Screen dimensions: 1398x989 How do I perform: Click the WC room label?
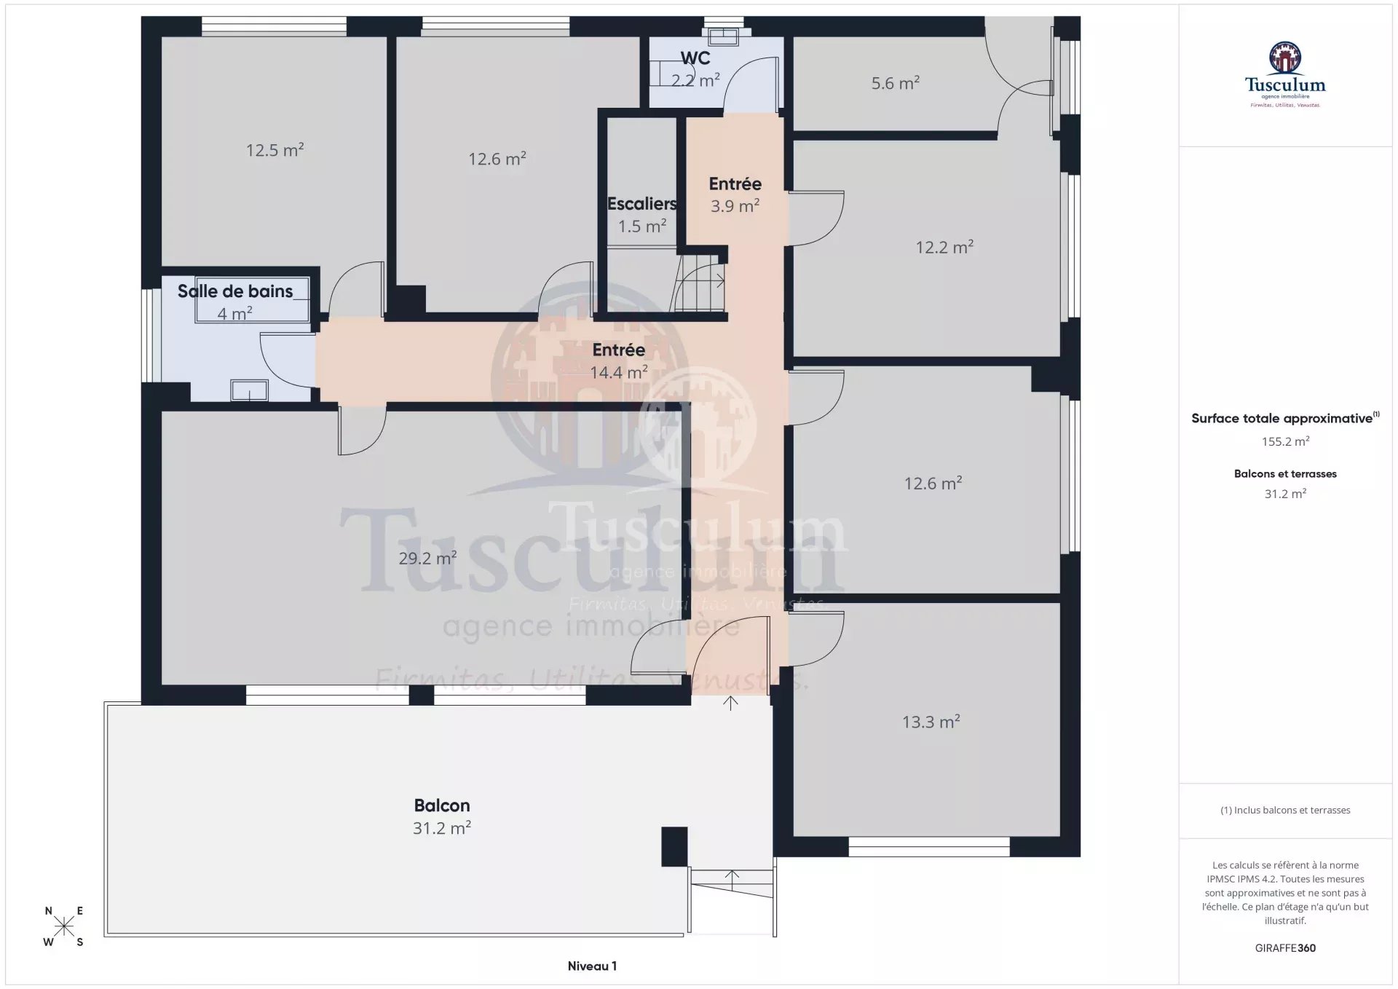point(695,58)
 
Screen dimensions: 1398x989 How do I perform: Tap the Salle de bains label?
point(235,291)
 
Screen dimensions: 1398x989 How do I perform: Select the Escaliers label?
point(642,204)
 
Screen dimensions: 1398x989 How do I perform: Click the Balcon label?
point(442,805)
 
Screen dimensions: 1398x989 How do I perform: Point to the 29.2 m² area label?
point(427,558)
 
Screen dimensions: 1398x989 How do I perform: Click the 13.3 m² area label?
point(931,721)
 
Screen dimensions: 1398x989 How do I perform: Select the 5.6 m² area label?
point(896,82)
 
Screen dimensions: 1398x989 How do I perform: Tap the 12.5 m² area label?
point(275,149)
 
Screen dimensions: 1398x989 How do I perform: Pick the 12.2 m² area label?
point(944,247)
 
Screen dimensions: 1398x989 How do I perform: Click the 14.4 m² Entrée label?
point(619,361)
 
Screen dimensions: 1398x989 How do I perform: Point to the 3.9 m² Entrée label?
point(735,195)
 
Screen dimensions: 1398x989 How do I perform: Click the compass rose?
point(64,926)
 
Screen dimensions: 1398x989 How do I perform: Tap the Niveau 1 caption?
point(592,966)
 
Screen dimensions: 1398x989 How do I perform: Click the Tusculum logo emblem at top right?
point(1285,58)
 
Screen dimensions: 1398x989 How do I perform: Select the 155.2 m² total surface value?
point(1285,441)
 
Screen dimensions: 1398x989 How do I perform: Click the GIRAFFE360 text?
point(1285,947)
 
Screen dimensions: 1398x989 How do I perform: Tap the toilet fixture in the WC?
point(723,36)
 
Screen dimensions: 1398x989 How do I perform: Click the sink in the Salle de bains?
point(249,390)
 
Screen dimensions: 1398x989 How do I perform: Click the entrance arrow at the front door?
point(730,703)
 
